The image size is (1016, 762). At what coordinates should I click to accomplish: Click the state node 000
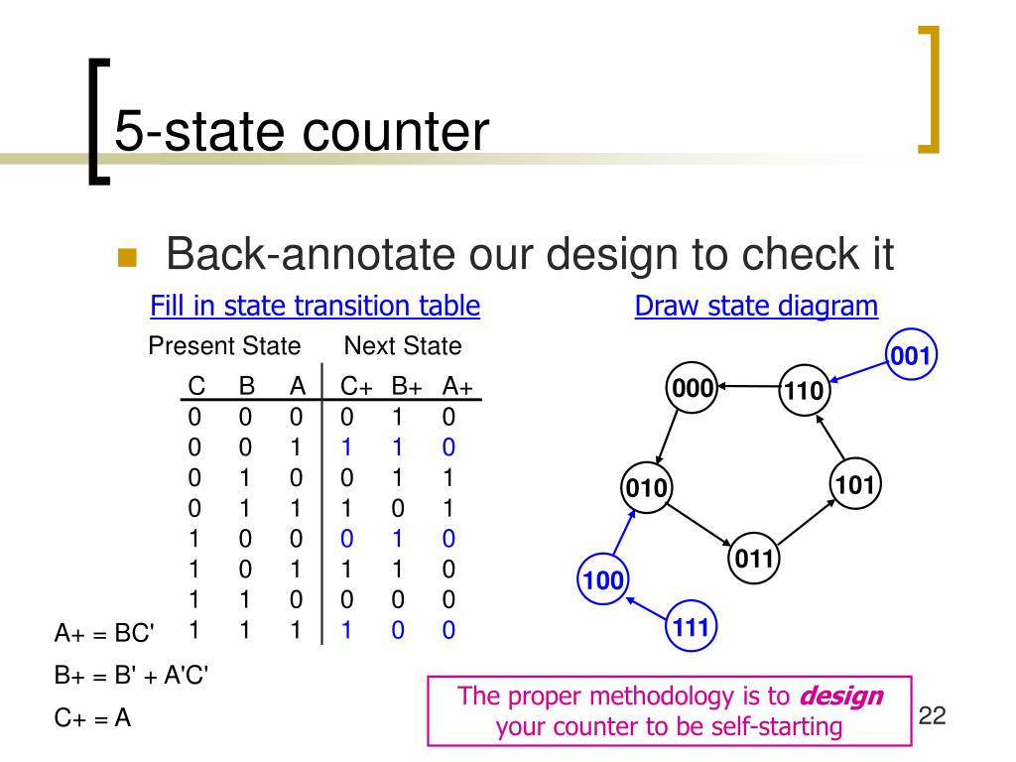(x=694, y=388)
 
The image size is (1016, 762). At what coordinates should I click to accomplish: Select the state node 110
(x=804, y=391)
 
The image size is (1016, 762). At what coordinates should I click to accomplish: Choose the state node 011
(x=754, y=560)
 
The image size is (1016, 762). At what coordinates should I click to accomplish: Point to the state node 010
(x=647, y=488)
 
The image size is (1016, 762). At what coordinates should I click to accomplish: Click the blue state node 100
(x=601, y=579)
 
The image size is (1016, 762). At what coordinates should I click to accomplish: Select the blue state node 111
(x=690, y=626)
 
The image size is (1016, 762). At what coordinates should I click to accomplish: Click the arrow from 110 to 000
(x=748, y=385)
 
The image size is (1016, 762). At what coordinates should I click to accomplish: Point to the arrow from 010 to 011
(x=700, y=524)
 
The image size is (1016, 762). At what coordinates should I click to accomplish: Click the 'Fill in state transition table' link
(x=316, y=306)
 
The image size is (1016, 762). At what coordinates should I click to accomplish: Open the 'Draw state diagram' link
(x=756, y=306)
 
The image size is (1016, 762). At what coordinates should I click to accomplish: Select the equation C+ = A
(x=93, y=718)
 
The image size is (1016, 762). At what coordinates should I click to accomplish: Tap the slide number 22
(x=933, y=714)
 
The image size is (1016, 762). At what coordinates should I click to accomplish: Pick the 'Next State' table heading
(x=403, y=346)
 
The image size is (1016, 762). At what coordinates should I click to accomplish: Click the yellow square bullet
(x=126, y=258)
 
